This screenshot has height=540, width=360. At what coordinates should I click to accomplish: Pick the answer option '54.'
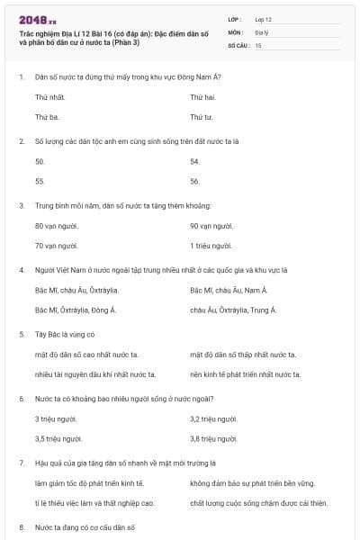(195, 161)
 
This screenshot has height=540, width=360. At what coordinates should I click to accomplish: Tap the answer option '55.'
(40, 181)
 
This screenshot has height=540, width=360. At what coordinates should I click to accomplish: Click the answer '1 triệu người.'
(211, 246)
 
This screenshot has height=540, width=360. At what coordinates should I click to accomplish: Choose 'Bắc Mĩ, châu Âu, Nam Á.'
(229, 290)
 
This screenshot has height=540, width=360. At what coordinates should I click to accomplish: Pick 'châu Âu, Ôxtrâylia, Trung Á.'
(233, 310)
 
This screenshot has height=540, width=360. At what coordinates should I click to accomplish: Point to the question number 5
(21, 334)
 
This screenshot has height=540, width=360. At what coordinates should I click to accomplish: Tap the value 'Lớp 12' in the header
(265, 19)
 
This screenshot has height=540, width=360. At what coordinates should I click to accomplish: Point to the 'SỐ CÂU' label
(238, 44)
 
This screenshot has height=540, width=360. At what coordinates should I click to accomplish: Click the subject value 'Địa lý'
(262, 31)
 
